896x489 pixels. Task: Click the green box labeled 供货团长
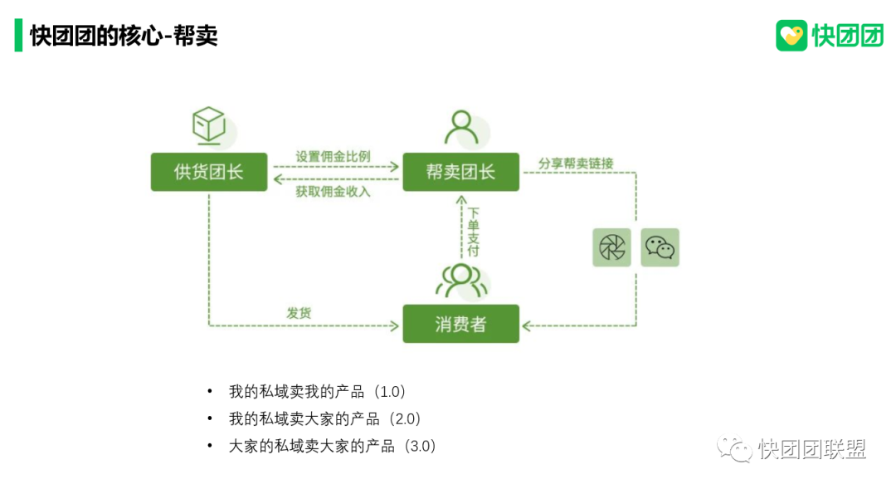click(209, 172)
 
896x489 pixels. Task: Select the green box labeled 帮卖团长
click(460, 172)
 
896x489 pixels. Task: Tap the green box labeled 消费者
click(460, 324)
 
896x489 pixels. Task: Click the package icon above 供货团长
click(209, 125)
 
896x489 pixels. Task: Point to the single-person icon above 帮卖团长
click(461, 127)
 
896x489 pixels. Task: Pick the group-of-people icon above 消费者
click(461, 280)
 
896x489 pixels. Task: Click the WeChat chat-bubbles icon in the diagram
click(660, 247)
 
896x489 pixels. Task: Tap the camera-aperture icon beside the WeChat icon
click(611, 247)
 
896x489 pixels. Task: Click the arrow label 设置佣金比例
click(333, 156)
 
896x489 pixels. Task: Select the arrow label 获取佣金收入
click(333, 192)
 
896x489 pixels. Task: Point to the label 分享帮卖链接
click(576, 164)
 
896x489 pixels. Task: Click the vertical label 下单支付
click(473, 232)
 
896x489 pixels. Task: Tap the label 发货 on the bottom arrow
click(299, 313)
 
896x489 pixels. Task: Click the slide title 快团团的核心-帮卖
click(124, 36)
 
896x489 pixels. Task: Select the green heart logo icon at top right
click(791, 36)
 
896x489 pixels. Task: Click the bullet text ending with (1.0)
click(318, 391)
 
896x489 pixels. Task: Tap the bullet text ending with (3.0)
click(332, 446)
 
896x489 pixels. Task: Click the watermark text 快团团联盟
click(811, 449)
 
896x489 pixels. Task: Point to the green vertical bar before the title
click(18, 36)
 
